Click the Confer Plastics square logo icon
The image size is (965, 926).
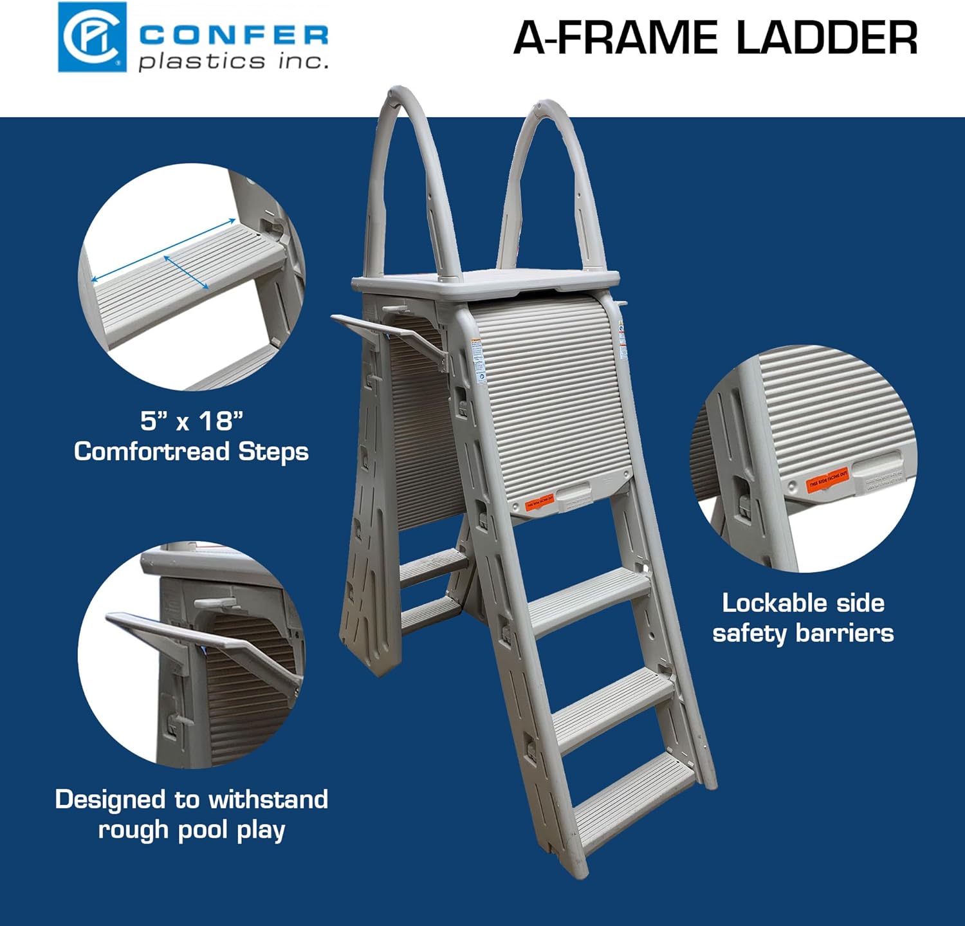click(92, 37)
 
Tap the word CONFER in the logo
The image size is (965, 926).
click(234, 35)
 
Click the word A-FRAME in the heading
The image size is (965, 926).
click(616, 38)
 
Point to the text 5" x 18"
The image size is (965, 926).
click(192, 421)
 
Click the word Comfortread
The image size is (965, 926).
click(152, 452)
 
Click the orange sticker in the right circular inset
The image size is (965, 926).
click(828, 479)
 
